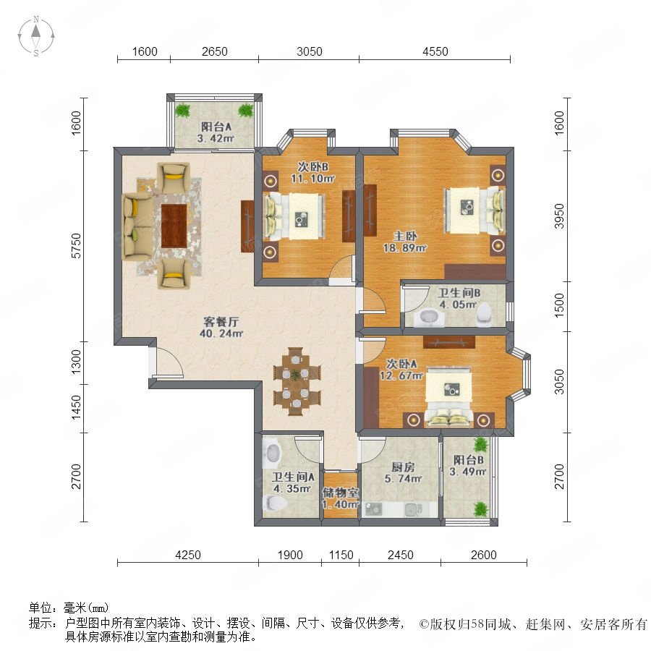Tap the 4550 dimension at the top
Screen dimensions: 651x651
tap(435, 51)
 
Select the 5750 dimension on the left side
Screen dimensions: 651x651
tap(77, 245)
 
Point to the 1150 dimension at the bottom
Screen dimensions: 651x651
tap(341, 555)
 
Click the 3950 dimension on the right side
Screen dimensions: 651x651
tap(560, 216)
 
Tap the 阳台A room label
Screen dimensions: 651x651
tap(216, 126)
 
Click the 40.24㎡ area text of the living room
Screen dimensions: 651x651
tap(221, 333)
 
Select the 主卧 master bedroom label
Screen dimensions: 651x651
tap(405, 237)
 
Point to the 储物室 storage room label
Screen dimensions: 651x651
tap(341, 493)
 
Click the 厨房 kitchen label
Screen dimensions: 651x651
tap(403, 467)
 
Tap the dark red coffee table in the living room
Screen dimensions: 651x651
tap(174, 226)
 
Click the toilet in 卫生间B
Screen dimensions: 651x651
tap(484, 312)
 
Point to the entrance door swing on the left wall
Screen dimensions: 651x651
tap(167, 362)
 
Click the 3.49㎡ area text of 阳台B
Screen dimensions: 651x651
tap(468, 472)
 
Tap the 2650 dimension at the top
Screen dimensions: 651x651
tap(214, 51)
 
